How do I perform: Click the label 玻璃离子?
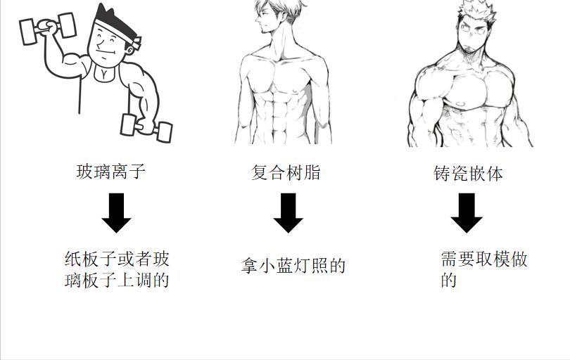[x=110, y=171]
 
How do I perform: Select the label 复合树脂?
[x=286, y=172]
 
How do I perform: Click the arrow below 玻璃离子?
[x=117, y=212]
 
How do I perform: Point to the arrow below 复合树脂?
[x=288, y=212]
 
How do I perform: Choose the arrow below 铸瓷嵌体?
[x=467, y=212]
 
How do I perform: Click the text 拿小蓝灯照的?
[x=293, y=266]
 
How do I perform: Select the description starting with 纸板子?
[x=117, y=269]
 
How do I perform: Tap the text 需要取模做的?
[x=483, y=269]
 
